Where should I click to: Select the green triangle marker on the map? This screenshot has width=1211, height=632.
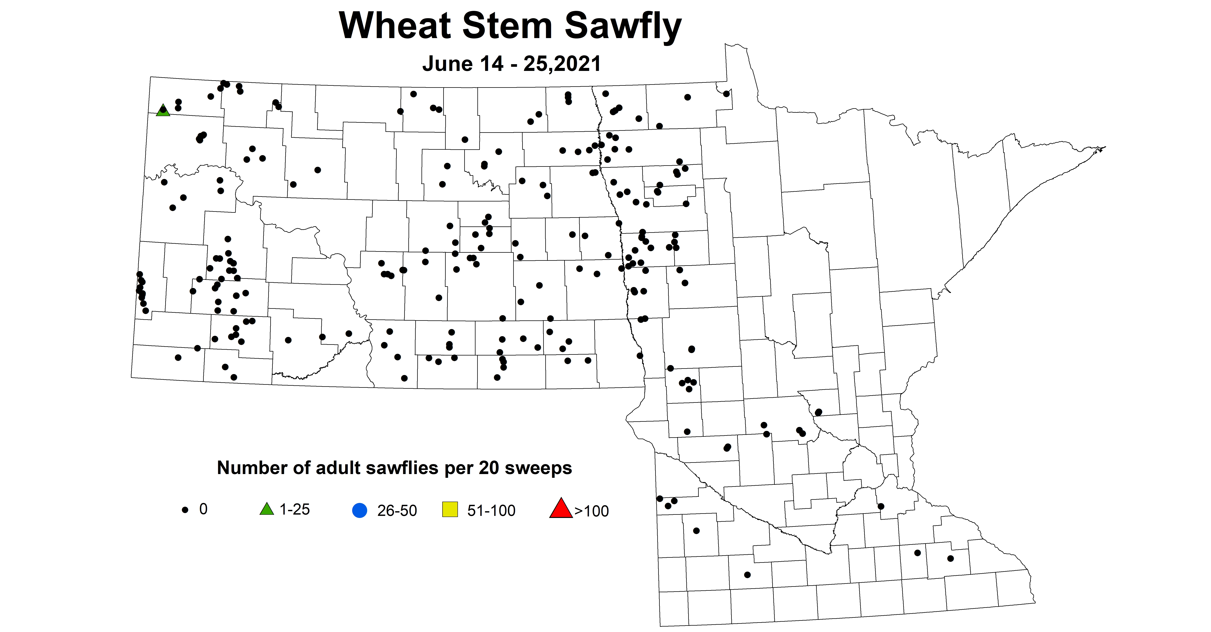(163, 110)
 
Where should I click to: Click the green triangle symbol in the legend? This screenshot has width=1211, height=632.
(267, 509)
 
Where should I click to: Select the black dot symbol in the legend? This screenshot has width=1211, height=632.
(185, 510)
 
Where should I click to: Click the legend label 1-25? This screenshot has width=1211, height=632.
(295, 509)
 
